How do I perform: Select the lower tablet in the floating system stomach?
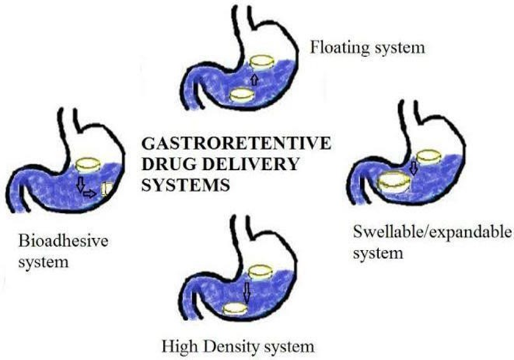tap(241, 95)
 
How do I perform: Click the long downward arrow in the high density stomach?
tap(247, 292)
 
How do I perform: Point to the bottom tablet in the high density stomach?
tap(235, 309)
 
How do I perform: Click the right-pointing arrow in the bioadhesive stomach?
tap(90, 193)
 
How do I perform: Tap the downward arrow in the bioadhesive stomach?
tap(80, 184)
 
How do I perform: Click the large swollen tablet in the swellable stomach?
tap(394, 183)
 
